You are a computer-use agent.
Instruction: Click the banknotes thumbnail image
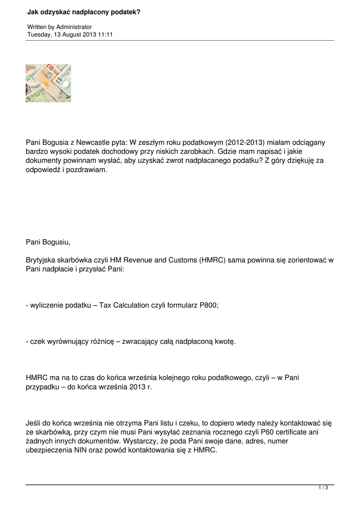(48, 83)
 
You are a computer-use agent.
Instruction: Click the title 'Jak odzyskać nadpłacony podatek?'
(83, 10)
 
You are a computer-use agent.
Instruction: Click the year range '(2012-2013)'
(248, 142)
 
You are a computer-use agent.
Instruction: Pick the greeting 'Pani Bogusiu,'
(48, 243)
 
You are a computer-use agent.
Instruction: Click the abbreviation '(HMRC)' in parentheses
(214, 260)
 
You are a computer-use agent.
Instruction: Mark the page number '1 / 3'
(323, 488)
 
